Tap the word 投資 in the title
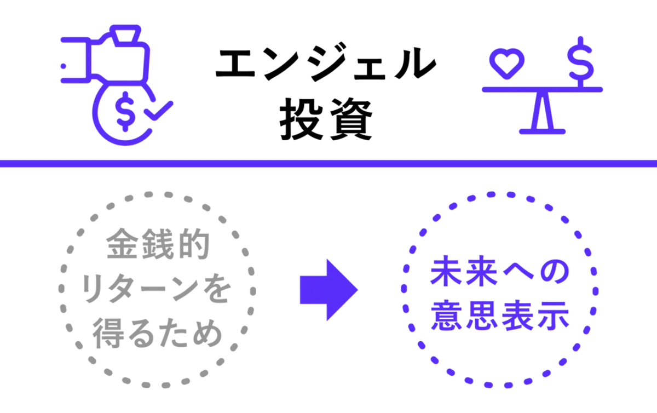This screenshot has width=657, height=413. coord(326,119)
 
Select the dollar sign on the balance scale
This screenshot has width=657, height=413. coord(580,62)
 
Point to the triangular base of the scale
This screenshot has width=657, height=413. coord(543,113)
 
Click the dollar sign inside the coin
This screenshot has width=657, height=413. coord(125,111)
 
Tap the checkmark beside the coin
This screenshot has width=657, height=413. coord(159,111)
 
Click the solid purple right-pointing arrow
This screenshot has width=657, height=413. coord(329,290)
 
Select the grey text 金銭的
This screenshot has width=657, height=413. coord(158,244)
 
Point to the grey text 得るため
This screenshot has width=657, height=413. coord(158,333)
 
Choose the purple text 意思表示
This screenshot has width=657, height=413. coord(500,316)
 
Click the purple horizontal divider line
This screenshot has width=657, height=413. coord(328,163)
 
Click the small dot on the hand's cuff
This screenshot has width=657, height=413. coord(63,66)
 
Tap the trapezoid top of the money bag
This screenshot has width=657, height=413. coord(125,36)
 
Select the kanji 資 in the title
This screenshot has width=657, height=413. coord(351,119)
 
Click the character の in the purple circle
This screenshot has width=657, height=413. coord(554,272)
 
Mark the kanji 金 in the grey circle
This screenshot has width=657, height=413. coord(122,244)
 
